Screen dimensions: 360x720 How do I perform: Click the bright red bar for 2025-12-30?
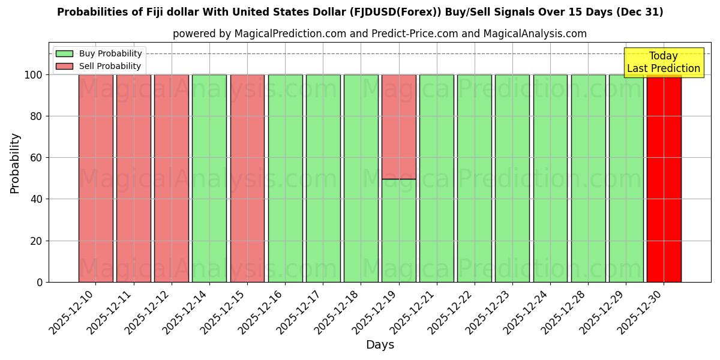[x=664, y=180]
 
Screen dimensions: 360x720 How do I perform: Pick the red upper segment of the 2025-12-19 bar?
[x=399, y=127]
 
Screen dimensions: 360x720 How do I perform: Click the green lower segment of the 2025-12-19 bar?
[x=399, y=230]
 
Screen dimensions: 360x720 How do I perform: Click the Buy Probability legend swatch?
[x=64, y=54]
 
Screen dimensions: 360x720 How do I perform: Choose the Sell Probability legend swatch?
[x=64, y=67]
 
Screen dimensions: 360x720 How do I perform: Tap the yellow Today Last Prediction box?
[x=663, y=62]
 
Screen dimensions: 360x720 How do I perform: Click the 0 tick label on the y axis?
[x=40, y=282]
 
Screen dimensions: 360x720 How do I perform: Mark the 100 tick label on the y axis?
[x=34, y=75]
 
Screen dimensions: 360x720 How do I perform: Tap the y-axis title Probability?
[x=15, y=163]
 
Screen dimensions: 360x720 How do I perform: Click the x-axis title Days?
[x=380, y=345]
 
